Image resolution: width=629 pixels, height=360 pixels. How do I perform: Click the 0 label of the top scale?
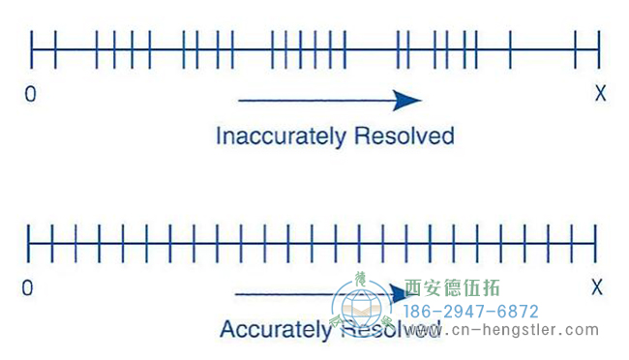pyautogui.click(x=31, y=94)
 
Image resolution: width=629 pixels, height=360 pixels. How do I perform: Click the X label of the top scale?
pyautogui.click(x=600, y=94)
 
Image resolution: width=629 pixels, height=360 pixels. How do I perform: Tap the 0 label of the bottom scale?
pyautogui.click(x=28, y=287)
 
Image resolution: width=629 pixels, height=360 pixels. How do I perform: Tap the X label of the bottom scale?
pyautogui.click(x=596, y=287)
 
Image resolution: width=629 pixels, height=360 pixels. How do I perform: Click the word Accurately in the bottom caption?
pyautogui.click(x=275, y=329)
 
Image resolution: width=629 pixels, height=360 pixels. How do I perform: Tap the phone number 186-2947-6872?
pyautogui.click(x=470, y=311)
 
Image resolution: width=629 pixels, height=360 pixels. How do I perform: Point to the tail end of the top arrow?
pyautogui.click(x=240, y=100)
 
